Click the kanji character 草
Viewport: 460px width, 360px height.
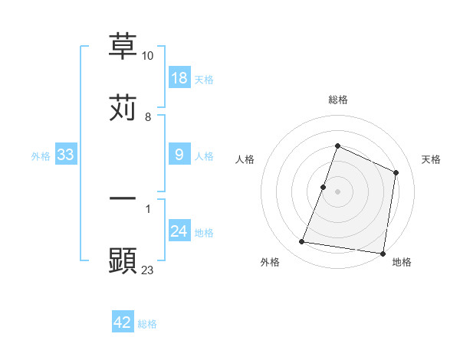click(x=123, y=46)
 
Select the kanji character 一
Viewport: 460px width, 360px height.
click(x=123, y=198)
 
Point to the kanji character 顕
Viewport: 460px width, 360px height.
click(x=123, y=260)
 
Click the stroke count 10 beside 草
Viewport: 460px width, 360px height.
click(x=148, y=57)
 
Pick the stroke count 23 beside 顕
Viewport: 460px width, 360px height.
click(x=148, y=270)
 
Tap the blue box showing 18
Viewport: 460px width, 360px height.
click(x=179, y=78)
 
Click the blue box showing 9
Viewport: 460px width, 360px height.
click(x=179, y=155)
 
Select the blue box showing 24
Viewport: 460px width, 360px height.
click(x=179, y=231)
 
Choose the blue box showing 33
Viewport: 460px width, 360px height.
click(x=66, y=155)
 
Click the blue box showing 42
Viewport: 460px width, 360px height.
click(x=123, y=322)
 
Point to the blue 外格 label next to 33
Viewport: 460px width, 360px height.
click(x=41, y=156)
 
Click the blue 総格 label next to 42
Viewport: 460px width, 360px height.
click(x=147, y=324)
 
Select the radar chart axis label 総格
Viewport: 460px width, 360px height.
click(x=337, y=100)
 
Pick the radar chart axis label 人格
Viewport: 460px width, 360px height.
click(x=245, y=159)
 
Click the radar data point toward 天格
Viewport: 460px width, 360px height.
click(x=396, y=172)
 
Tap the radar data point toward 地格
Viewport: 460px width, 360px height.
click(x=383, y=254)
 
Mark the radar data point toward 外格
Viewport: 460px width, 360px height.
click(x=302, y=242)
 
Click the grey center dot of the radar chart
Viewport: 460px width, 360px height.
click(x=337, y=191)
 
